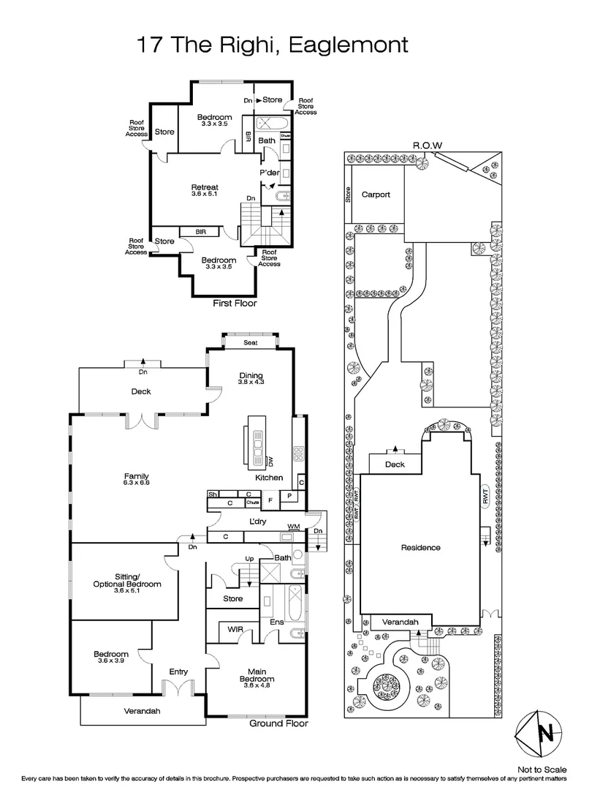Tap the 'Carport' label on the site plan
coord(376,195)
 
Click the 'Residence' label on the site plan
coord(420,547)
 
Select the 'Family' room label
coord(135,476)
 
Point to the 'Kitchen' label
coord(268,478)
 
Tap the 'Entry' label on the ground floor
coord(178,671)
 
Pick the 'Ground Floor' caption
coord(278,723)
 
